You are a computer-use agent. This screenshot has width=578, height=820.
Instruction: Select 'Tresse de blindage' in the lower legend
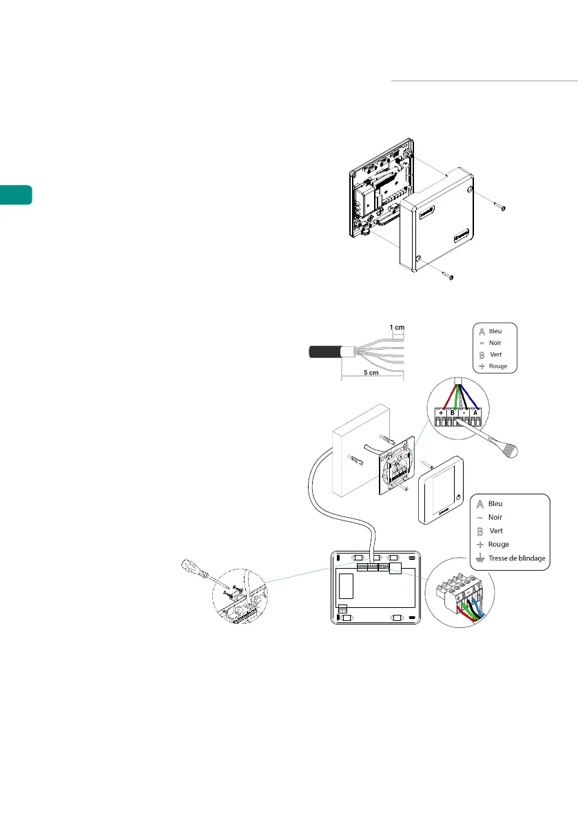517,558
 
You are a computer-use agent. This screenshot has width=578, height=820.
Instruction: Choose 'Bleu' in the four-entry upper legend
495,331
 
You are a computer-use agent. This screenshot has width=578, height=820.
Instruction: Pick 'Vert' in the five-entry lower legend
496,531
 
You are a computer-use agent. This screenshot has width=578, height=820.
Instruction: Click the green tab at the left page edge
16,194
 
